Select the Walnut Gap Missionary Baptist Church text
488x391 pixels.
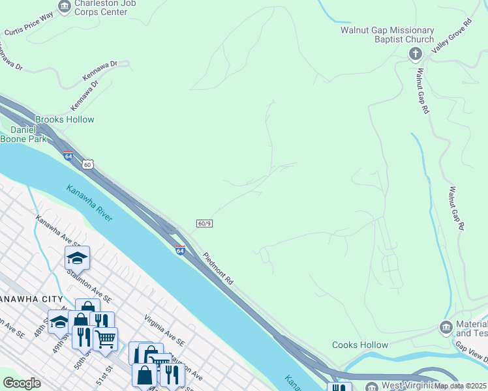[387, 35]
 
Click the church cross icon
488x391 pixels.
[416, 54]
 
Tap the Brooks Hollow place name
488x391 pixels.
[65, 119]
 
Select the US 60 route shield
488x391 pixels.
[87, 164]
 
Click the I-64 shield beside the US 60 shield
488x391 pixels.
[69, 156]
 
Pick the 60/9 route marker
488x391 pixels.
[204, 224]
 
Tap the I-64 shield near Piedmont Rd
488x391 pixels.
[180, 249]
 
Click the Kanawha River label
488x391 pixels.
[89, 203]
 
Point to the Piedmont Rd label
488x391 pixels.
[218, 268]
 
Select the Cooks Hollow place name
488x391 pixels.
[359, 345]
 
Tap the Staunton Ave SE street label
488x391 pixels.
[89, 289]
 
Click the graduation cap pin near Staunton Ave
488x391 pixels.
[77, 259]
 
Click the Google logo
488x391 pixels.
[22, 383]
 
